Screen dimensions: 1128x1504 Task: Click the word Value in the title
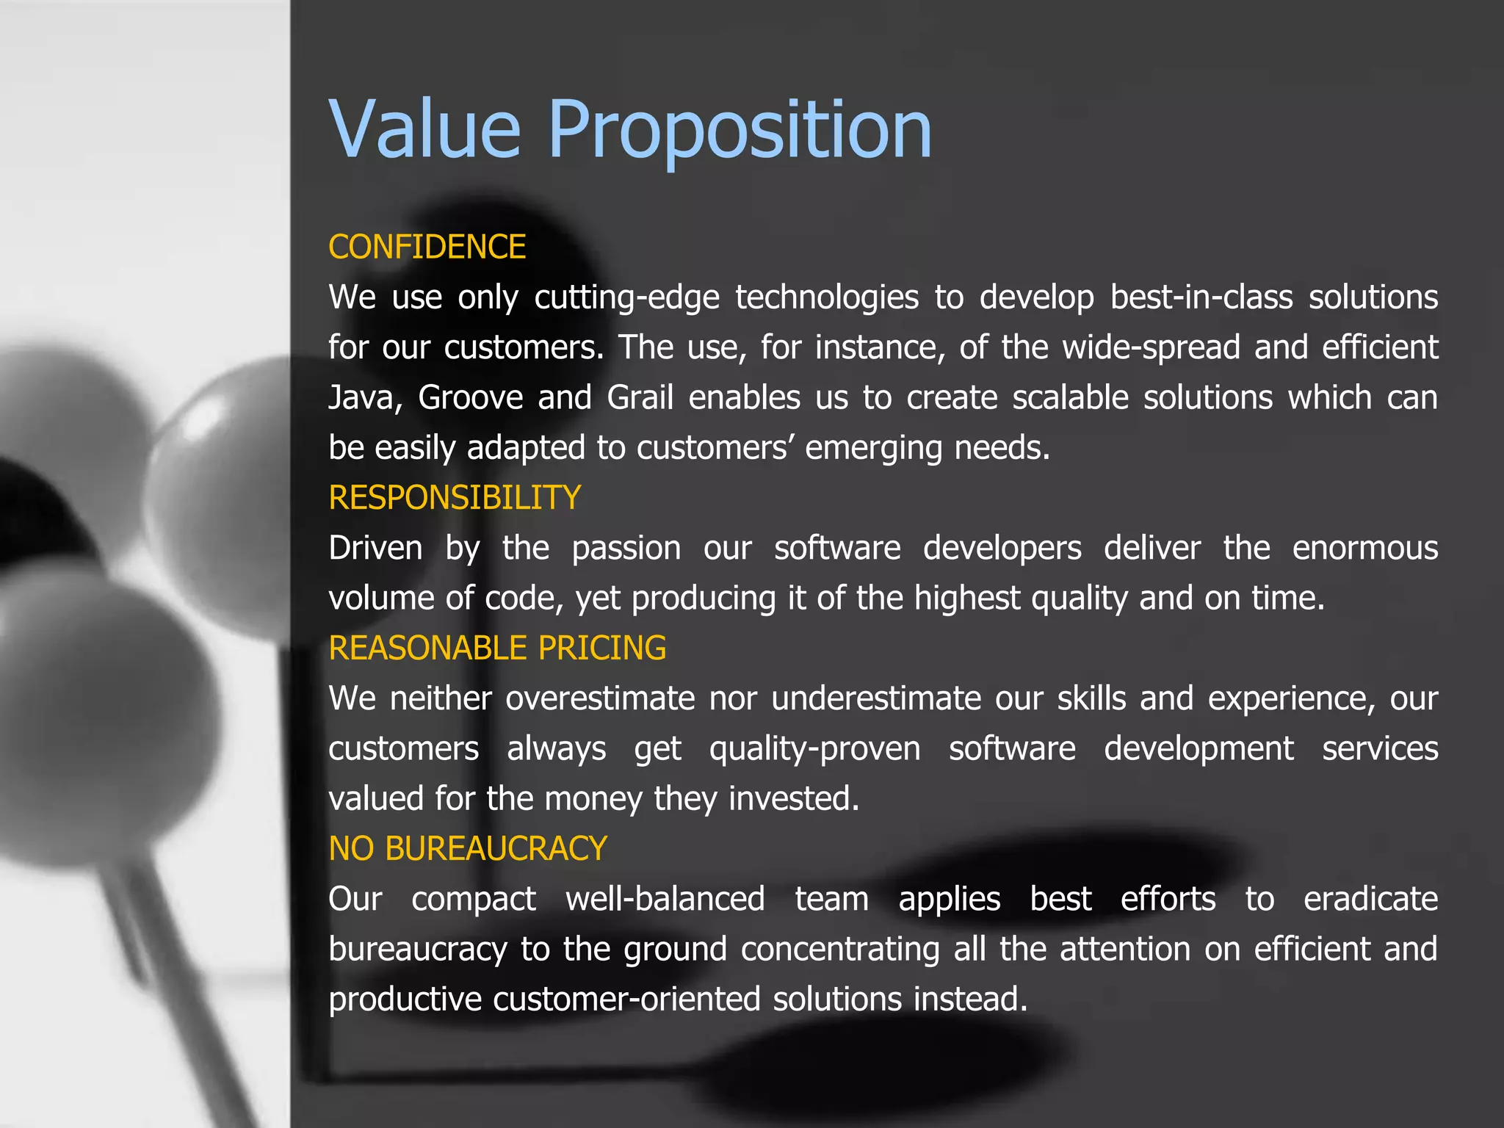pyautogui.click(x=424, y=131)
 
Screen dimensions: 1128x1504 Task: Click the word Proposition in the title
pyautogui.click(x=740, y=131)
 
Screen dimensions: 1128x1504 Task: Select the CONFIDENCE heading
pyautogui.click(x=427, y=247)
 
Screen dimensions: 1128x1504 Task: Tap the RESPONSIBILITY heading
pyautogui.click(x=455, y=498)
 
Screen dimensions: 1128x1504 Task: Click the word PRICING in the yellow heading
pyautogui.click(x=601, y=648)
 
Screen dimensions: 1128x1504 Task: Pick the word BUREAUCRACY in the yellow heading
pyautogui.click(x=496, y=849)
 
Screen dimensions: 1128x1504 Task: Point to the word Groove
pyautogui.click(x=470, y=398)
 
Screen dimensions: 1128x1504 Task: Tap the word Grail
pyautogui.click(x=640, y=398)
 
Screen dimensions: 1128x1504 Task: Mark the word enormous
pyautogui.click(x=1364, y=549)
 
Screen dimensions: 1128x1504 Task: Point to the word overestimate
pyautogui.click(x=600, y=698)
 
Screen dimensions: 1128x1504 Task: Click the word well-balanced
pyautogui.click(x=665, y=900)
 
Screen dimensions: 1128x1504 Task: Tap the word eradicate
pyautogui.click(x=1370, y=900)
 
